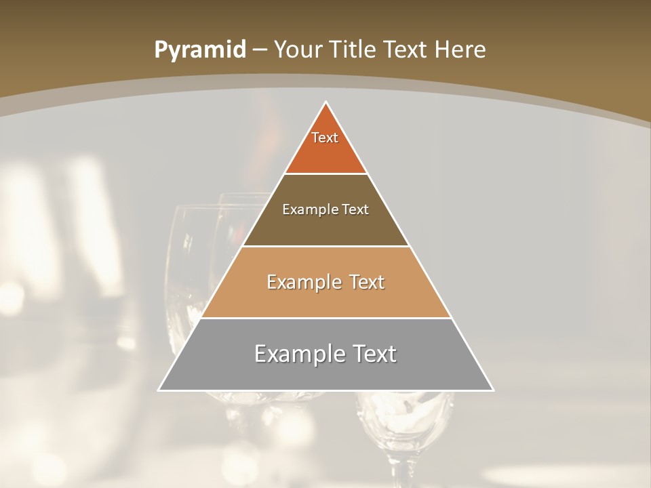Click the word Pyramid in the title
(x=199, y=49)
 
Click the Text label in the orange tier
(x=325, y=138)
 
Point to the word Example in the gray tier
(x=297, y=354)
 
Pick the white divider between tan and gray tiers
(x=326, y=319)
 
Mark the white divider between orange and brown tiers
(x=326, y=174)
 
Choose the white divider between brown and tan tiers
(x=326, y=246)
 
